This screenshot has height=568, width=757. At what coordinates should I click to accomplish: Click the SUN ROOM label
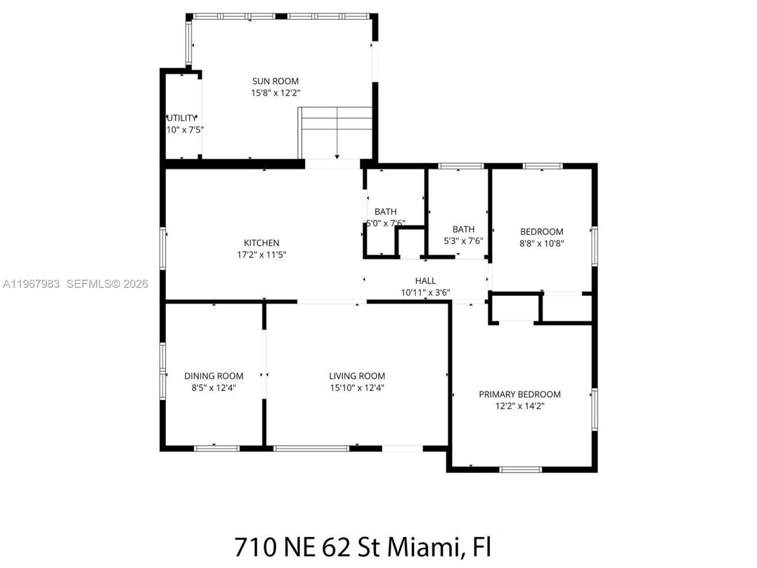tap(275, 81)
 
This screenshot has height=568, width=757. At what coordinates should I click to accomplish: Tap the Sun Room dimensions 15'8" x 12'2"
tap(275, 93)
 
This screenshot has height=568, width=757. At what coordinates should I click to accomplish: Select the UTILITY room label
tap(182, 118)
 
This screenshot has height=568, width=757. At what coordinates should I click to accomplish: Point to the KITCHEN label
tap(261, 243)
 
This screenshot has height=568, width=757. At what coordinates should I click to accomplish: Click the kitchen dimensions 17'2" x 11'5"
tap(261, 255)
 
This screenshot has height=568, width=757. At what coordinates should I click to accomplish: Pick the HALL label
tap(425, 281)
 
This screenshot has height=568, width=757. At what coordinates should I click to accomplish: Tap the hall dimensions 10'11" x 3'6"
tap(425, 292)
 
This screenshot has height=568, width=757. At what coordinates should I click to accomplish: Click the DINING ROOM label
tap(213, 376)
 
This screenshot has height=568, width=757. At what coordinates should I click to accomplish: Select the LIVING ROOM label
tap(357, 376)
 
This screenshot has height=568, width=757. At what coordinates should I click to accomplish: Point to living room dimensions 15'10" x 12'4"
tap(357, 388)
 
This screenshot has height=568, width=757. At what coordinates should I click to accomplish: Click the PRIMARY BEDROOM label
tap(519, 394)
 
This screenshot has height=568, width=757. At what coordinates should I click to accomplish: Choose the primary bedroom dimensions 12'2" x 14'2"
tap(519, 406)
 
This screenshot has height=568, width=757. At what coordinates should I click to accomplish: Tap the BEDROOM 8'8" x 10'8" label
tap(541, 231)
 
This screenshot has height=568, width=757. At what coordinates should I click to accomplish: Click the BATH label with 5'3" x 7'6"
tap(463, 229)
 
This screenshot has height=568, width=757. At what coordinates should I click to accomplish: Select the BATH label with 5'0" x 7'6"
tap(385, 211)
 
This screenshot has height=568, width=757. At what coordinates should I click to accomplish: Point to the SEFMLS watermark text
tap(92, 284)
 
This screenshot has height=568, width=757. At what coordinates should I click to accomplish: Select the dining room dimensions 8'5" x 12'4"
tap(213, 388)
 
